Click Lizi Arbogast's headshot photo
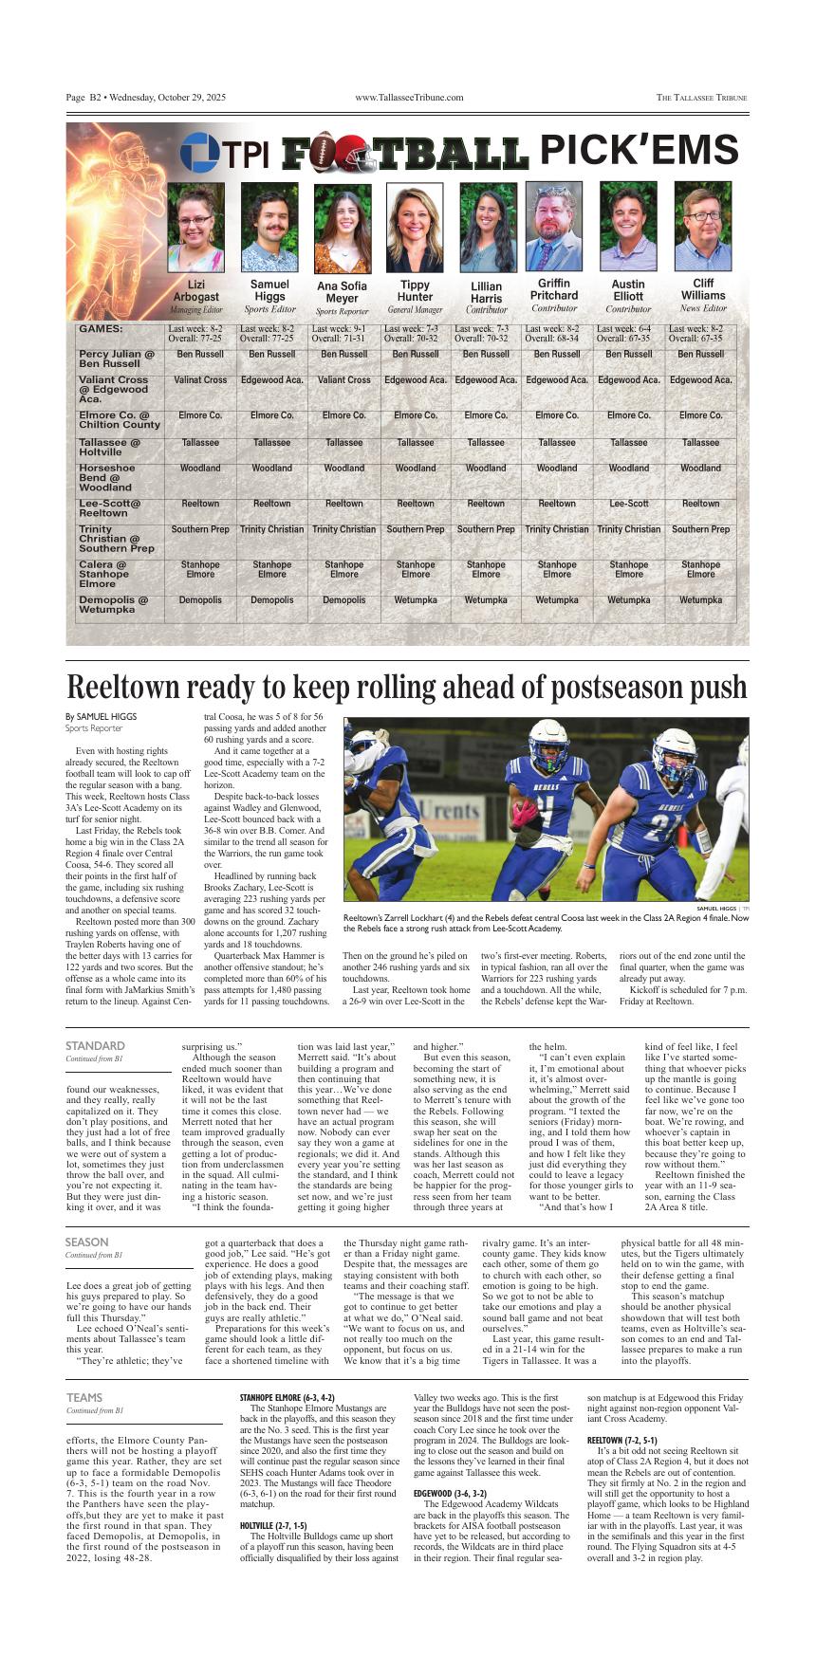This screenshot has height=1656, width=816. (x=195, y=228)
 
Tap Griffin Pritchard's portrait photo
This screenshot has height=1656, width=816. (x=554, y=228)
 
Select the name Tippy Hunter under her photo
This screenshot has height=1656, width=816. (x=415, y=290)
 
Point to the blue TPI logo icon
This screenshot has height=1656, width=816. (x=199, y=153)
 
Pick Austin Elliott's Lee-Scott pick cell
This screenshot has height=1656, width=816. (x=628, y=504)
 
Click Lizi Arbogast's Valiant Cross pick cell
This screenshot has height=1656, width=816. (x=200, y=380)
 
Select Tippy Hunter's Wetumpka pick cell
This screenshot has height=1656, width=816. (x=415, y=600)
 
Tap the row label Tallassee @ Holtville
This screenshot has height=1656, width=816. (x=110, y=447)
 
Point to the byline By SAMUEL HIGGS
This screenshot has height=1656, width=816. (x=101, y=716)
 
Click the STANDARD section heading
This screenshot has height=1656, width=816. (x=95, y=1045)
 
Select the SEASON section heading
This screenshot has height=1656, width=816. (x=86, y=1242)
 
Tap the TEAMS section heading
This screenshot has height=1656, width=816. (x=84, y=1397)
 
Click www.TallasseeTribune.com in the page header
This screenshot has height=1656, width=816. (x=409, y=98)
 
